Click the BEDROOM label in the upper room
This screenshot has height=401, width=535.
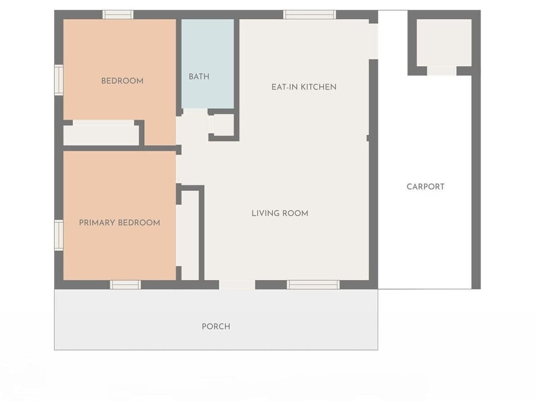tap(122, 81)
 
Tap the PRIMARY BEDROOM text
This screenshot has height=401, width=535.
tap(119, 223)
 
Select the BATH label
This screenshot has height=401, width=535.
tap(199, 76)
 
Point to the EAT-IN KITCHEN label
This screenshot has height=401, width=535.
tap(304, 87)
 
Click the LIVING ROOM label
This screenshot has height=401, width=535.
tap(280, 213)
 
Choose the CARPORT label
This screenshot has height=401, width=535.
tap(425, 187)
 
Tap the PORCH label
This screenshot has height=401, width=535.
tap(216, 326)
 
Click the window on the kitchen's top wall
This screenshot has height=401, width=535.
tap(309, 14)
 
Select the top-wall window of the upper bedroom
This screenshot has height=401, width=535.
tap(118, 14)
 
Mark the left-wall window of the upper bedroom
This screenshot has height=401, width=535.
tap(59, 80)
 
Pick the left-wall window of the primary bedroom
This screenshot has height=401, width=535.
tap(59, 235)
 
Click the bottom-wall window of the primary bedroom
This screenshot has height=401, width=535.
tap(125, 285)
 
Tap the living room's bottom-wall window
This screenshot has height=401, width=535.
tap(313, 285)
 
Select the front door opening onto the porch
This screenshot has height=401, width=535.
tap(237, 285)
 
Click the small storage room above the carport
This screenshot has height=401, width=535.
tap(444, 42)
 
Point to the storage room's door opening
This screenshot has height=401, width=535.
tap(442, 71)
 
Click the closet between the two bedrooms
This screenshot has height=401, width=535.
tap(100, 135)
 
